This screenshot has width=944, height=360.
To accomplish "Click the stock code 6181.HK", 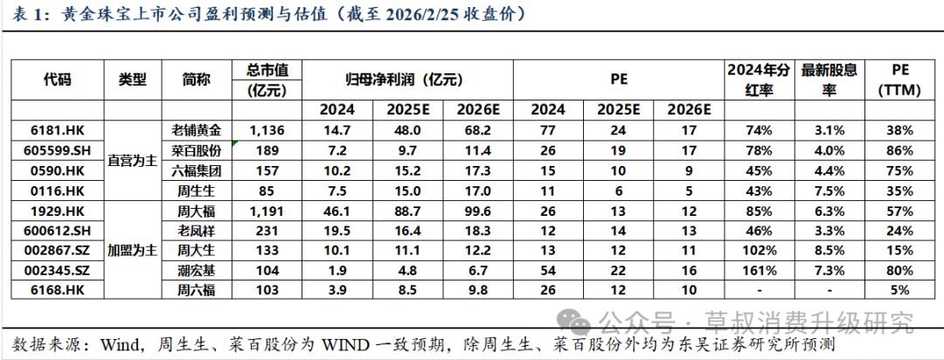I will (57, 129).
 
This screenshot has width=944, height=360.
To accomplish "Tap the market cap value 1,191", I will (268, 210).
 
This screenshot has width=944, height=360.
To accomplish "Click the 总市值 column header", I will (268, 79).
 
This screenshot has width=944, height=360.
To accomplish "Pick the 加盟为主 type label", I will (132, 249).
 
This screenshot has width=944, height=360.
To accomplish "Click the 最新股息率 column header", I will (828, 79).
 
